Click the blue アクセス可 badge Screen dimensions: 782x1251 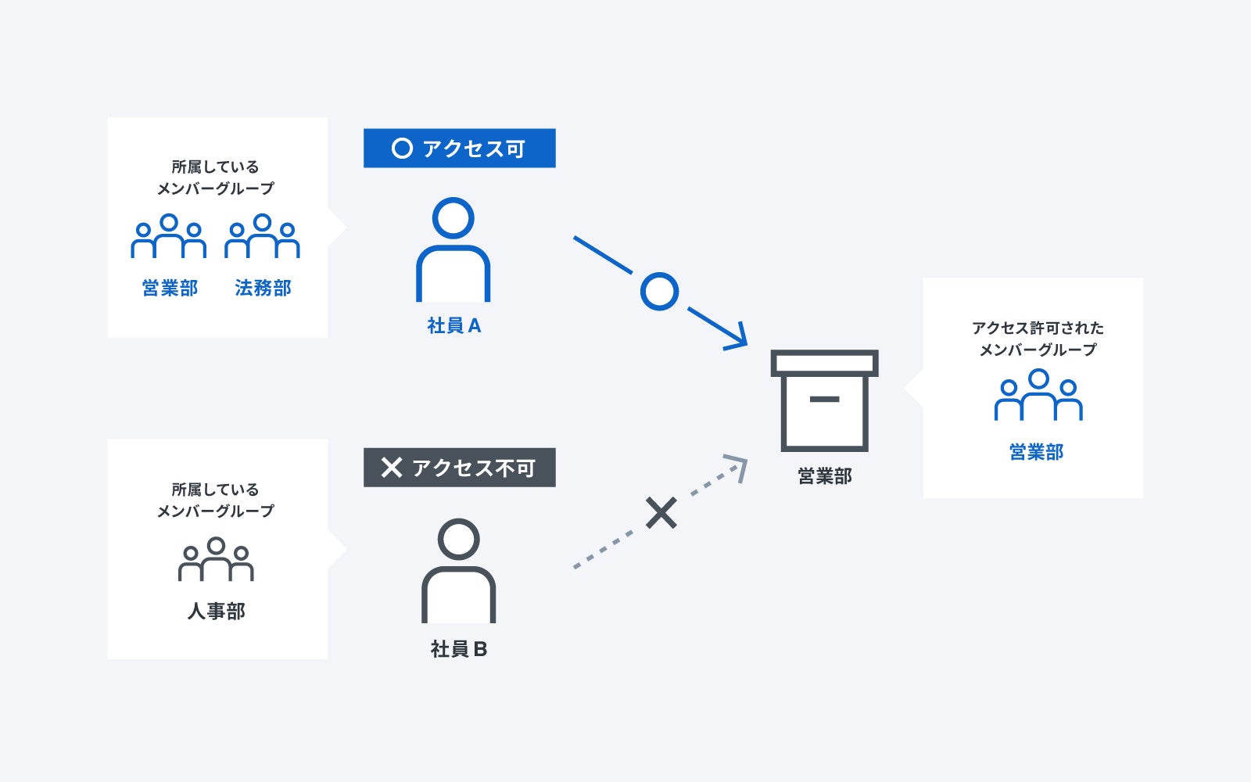click(x=459, y=149)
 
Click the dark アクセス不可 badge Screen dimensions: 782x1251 click(x=459, y=468)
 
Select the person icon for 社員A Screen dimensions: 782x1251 click(x=453, y=249)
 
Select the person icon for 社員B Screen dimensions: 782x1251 click(x=458, y=571)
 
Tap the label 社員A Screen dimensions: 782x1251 click(x=454, y=326)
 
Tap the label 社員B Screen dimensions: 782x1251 click(x=459, y=649)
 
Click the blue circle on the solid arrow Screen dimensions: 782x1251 click(x=659, y=292)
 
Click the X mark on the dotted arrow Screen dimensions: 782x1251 click(x=661, y=514)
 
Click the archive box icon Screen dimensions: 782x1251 click(x=824, y=400)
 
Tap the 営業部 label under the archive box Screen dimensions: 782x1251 click(x=824, y=476)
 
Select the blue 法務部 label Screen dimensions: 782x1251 click(x=263, y=289)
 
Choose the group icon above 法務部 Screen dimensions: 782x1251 click(x=262, y=236)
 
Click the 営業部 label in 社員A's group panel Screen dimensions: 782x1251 click(x=170, y=289)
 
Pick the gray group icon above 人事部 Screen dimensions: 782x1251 click(x=216, y=559)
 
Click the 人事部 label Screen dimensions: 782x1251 click(x=216, y=612)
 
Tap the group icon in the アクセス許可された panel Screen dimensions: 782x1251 click(x=1038, y=396)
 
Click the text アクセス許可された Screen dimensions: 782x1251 click(x=1038, y=328)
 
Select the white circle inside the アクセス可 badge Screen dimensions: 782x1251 click(x=402, y=149)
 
